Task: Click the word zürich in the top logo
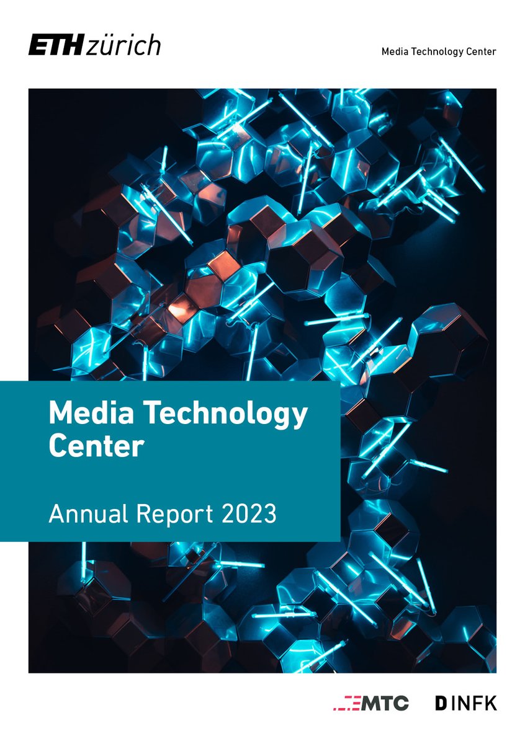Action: pyautogui.click(x=123, y=46)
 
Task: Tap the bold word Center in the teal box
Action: pyautogui.click(x=96, y=446)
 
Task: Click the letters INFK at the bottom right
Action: pyautogui.click(x=474, y=703)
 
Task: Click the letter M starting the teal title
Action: pyautogui.click(x=61, y=413)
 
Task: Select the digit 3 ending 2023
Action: pyautogui.click(x=269, y=514)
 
